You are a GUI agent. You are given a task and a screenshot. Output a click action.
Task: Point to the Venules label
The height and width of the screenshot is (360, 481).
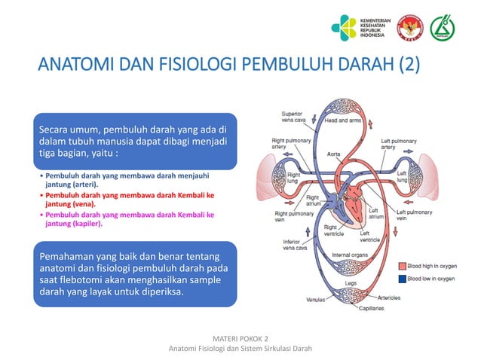click(x=316, y=300)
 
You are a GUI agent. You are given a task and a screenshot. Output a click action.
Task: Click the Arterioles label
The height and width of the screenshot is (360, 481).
click(x=389, y=297)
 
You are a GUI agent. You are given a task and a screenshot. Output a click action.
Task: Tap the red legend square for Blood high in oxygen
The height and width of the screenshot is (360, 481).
click(x=402, y=266)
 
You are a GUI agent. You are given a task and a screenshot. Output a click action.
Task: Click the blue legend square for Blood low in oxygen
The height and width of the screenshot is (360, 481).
click(x=402, y=278)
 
